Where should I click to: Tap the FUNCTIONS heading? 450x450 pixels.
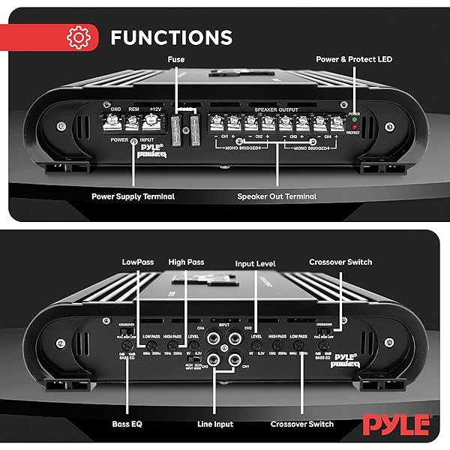(171, 37)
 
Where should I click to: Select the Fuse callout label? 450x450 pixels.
(177, 58)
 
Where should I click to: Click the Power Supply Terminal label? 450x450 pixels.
(133, 196)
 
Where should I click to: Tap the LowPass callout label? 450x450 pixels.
(139, 262)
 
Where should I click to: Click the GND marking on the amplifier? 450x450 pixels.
(115, 109)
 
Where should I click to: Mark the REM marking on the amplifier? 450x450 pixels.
(134, 109)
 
